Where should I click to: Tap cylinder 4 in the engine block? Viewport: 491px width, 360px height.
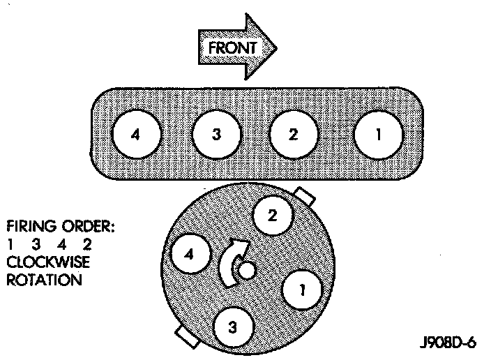point(137,135)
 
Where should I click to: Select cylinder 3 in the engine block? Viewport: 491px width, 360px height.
point(216,135)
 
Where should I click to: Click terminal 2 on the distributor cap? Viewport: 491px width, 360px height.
point(273,216)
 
